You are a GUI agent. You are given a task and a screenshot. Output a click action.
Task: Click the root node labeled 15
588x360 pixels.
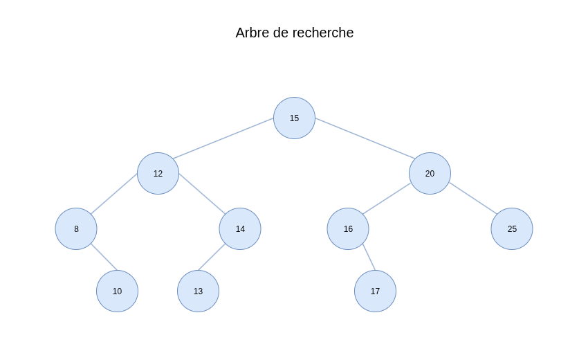click(x=295, y=118)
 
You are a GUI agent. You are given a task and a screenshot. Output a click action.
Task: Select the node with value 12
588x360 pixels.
click(x=158, y=174)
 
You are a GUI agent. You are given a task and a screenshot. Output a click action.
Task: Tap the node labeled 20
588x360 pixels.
click(x=430, y=174)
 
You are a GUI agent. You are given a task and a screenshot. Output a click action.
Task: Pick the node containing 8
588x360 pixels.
click(x=76, y=228)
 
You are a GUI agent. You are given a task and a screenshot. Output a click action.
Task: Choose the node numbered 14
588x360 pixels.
click(x=240, y=228)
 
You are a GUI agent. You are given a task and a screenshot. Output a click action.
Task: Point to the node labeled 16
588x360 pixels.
click(x=348, y=228)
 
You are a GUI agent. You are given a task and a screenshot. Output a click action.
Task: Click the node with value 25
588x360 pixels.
click(x=512, y=228)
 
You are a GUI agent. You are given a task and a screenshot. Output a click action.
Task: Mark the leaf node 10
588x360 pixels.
click(x=118, y=291)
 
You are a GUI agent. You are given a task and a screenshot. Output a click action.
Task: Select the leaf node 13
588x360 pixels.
click(x=198, y=291)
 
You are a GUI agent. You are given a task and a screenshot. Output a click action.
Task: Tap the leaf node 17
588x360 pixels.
click(x=375, y=291)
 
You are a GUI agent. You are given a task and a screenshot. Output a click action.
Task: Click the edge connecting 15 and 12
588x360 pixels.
click(x=223, y=138)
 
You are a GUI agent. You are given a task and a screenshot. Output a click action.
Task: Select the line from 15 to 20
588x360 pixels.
click(x=365, y=138)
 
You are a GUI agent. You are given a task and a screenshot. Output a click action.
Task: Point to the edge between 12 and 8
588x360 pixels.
click(x=114, y=194)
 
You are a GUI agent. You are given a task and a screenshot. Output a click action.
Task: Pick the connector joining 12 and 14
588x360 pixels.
click(x=202, y=193)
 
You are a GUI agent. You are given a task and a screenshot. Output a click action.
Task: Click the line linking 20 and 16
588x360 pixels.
click(x=387, y=199)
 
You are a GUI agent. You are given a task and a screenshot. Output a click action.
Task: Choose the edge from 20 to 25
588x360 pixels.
click(x=473, y=198)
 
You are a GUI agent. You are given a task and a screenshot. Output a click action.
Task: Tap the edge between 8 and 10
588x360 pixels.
click(x=104, y=257)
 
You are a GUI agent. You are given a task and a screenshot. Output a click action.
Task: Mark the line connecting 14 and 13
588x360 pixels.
click(x=212, y=257)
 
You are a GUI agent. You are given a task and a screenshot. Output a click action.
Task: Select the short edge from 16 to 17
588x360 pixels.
click(x=369, y=257)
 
